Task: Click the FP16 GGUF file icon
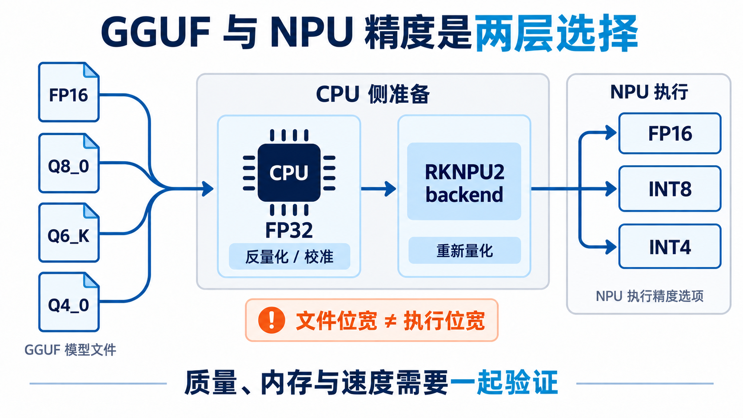click(69, 92)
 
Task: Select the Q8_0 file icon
click(69, 163)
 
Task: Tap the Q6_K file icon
click(69, 233)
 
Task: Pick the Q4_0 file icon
click(69, 302)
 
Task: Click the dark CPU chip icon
click(289, 172)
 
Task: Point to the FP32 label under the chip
click(289, 230)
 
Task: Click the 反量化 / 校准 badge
click(289, 256)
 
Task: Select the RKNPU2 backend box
click(464, 181)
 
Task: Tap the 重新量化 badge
click(464, 251)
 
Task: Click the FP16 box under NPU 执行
click(670, 133)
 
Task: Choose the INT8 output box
click(670, 189)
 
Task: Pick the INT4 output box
click(670, 247)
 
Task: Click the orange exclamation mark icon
click(272, 320)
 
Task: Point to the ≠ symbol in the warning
click(391, 321)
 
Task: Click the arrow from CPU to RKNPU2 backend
click(379, 189)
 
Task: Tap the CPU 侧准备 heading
click(373, 94)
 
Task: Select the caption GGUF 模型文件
click(70, 350)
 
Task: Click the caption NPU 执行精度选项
click(650, 296)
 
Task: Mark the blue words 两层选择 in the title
click(556, 33)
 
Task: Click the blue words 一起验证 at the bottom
click(503, 383)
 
